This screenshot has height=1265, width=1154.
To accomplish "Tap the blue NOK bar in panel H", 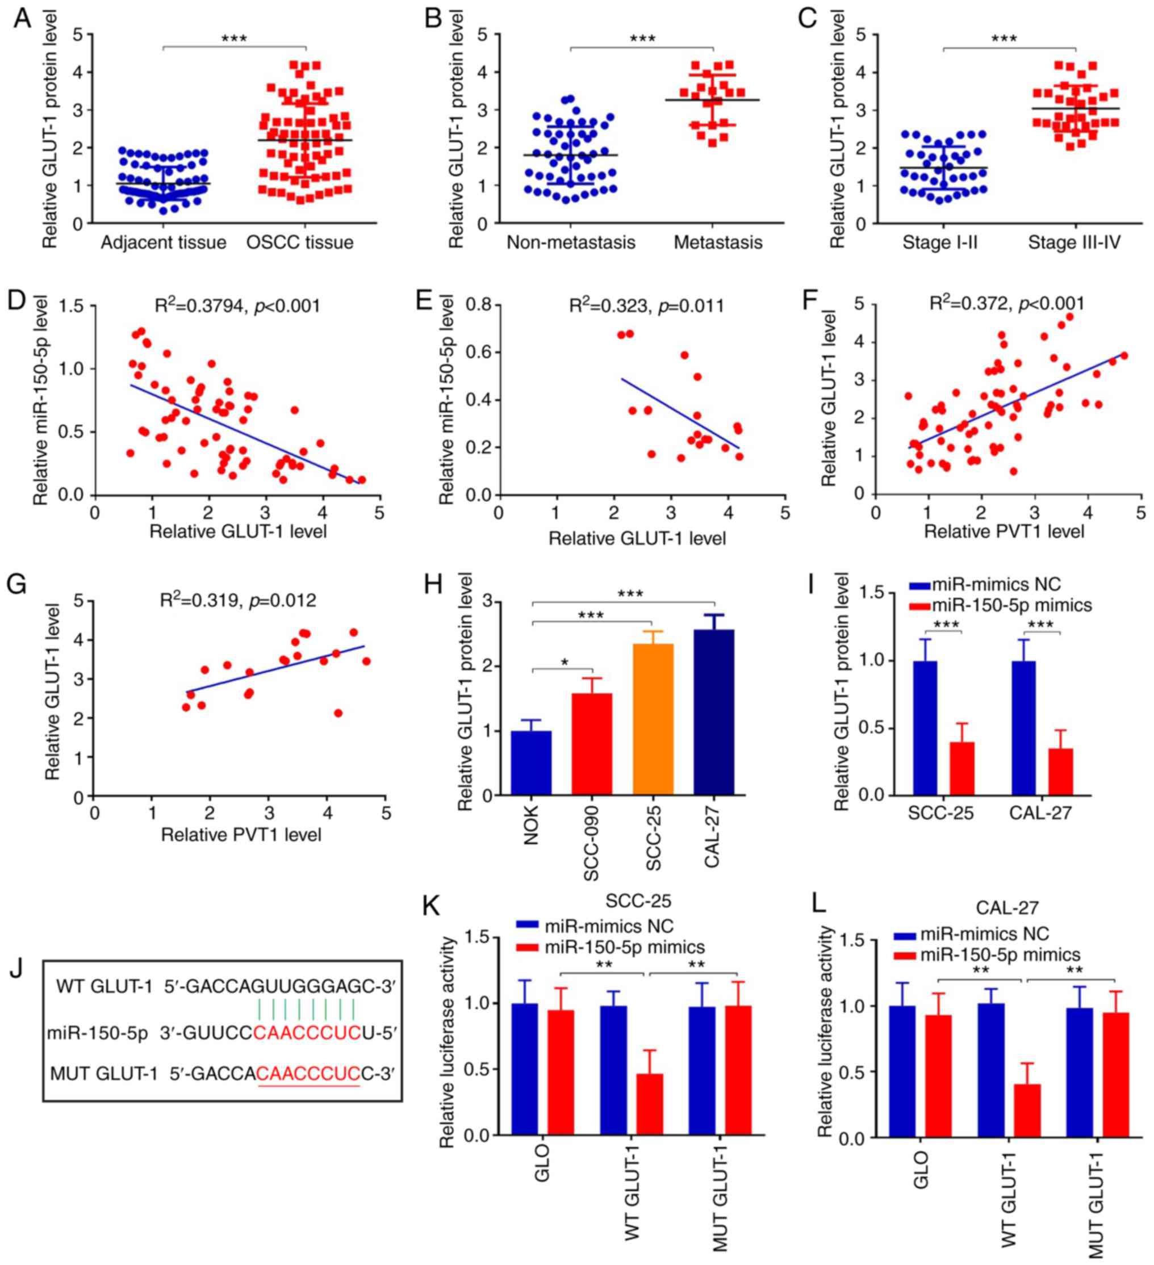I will coord(532,763).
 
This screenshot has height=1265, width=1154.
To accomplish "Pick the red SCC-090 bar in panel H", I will coord(592,744).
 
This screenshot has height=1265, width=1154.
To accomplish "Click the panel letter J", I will coord(16,968).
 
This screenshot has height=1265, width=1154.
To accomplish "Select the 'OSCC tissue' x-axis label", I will coord(300,243).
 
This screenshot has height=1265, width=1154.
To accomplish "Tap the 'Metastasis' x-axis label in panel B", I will coord(718,243).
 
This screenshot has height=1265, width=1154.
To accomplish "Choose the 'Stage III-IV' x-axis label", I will coord(1074,243).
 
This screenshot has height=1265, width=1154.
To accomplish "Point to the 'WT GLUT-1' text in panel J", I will coord(104,987).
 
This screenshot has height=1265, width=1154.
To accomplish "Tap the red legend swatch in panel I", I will coord(920,605).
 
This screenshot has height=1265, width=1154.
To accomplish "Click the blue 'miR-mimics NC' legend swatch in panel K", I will coord(527,926).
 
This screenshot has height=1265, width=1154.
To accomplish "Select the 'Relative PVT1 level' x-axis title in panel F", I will coord(1004,532).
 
